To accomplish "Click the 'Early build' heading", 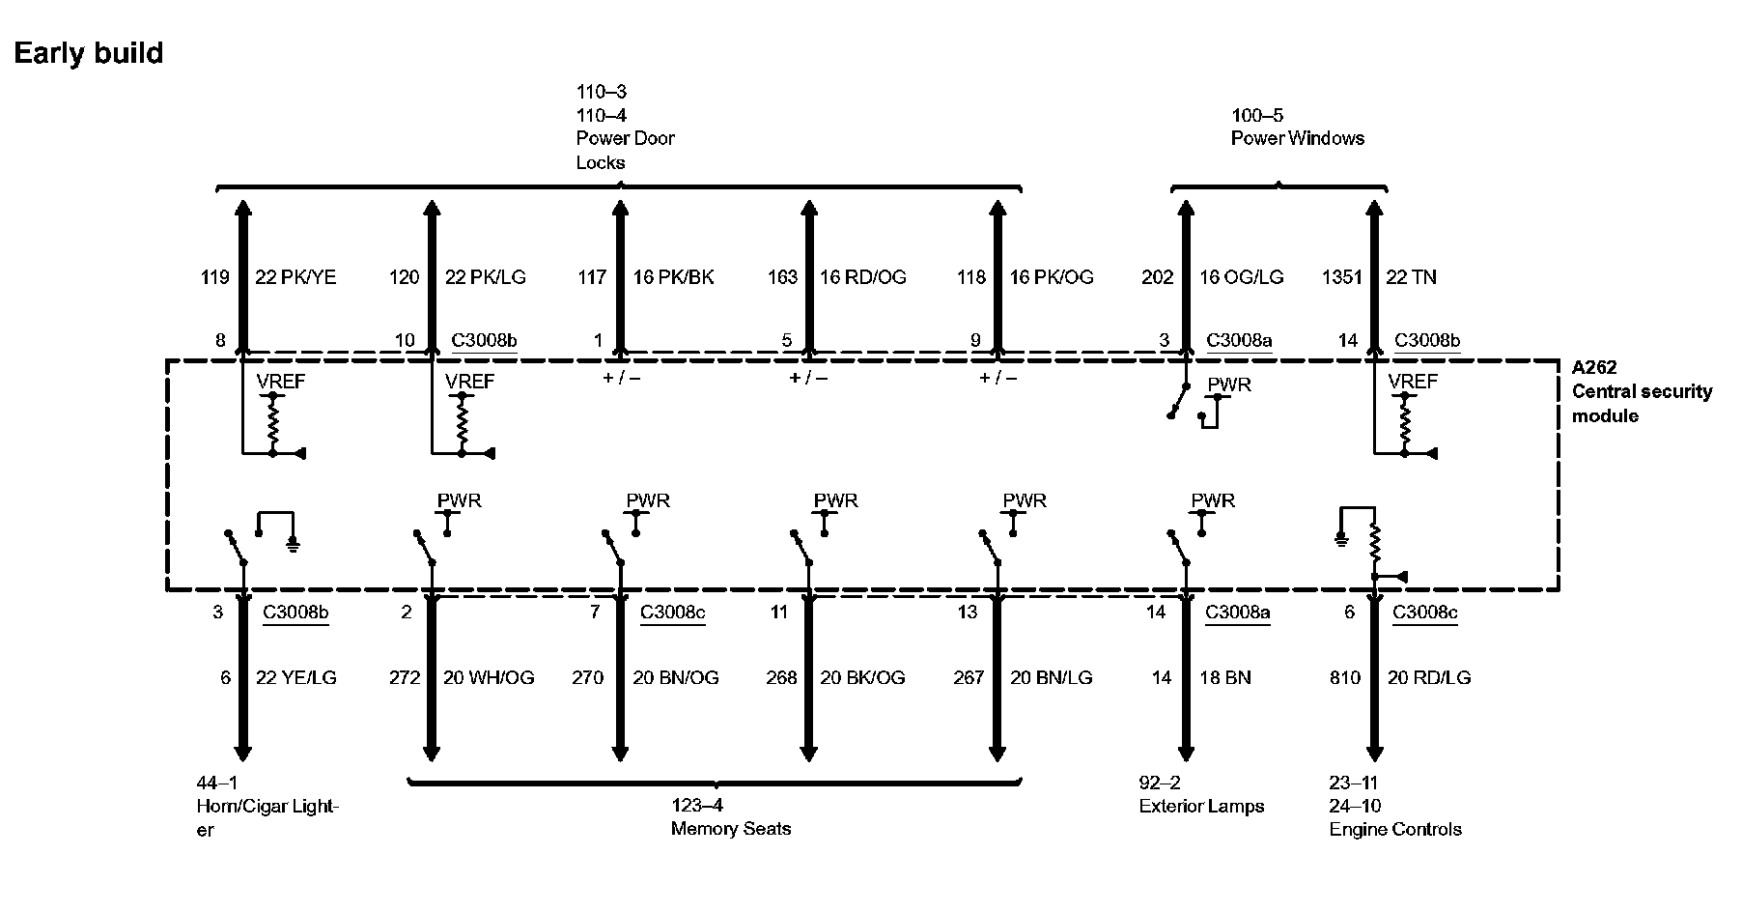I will [x=88, y=53].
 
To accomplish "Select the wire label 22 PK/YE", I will [x=295, y=277].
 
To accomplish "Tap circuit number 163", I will [x=782, y=277].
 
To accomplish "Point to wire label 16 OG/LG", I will [x=1241, y=277].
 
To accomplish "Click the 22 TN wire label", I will [x=1411, y=277].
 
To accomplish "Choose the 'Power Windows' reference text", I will [x=1297, y=138].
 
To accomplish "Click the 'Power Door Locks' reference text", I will [x=625, y=150].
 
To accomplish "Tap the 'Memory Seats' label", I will [x=730, y=829].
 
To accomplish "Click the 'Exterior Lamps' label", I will [x=1201, y=806].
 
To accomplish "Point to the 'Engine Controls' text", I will [x=1395, y=829].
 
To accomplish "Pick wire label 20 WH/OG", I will [x=489, y=677].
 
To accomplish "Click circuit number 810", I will [x=1344, y=677].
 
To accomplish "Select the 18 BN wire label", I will [x=1224, y=677].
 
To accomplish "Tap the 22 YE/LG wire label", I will [x=295, y=677].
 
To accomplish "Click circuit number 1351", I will [x=1340, y=277].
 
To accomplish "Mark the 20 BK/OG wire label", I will [x=862, y=677].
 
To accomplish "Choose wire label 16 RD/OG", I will [x=863, y=277].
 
